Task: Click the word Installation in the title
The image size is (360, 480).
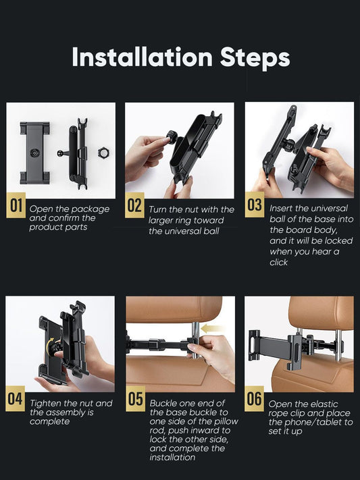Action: tap(142, 57)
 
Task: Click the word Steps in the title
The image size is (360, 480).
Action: tap(255, 58)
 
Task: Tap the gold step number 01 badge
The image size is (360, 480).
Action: tap(16, 205)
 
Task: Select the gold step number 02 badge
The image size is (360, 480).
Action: tap(134, 205)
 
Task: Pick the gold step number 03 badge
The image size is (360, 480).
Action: tap(255, 205)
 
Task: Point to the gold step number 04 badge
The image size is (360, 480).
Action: tap(16, 398)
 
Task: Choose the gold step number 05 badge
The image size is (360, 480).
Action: tap(135, 398)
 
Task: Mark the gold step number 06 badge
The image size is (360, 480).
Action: tap(255, 398)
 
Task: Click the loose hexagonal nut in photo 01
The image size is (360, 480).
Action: tap(104, 152)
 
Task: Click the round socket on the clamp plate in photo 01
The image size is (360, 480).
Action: tap(34, 153)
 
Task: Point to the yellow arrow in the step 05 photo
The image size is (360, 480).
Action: tap(212, 329)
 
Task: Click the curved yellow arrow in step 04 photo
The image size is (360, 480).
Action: tap(49, 345)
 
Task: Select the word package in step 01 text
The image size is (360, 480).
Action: tap(91, 210)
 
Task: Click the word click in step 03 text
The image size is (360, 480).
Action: tap(278, 263)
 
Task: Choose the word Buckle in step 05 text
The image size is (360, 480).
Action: tap(163, 403)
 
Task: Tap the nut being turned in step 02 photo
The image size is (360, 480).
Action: tap(172, 136)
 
